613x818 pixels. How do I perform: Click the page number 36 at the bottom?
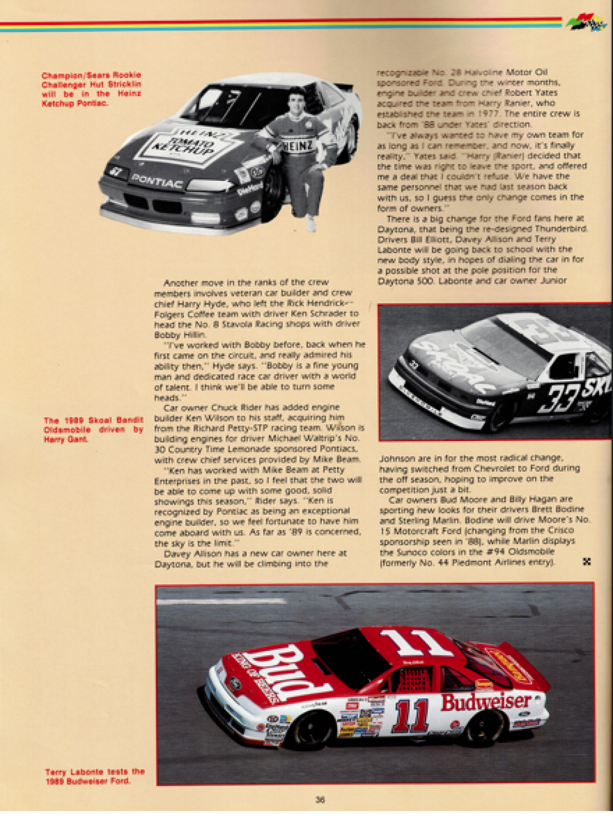coord(320,799)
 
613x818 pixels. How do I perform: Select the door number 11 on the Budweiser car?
coord(411,716)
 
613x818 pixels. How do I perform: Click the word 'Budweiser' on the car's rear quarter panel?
coord(486,702)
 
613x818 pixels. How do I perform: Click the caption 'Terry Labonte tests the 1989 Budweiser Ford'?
coord(94,776)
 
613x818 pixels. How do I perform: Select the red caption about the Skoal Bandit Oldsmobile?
coord(93,430)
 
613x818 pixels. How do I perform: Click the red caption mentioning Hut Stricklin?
coord(91,89)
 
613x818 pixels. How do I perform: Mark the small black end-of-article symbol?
coord(586,562)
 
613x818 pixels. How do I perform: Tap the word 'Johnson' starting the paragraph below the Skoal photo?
coord(396,458)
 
